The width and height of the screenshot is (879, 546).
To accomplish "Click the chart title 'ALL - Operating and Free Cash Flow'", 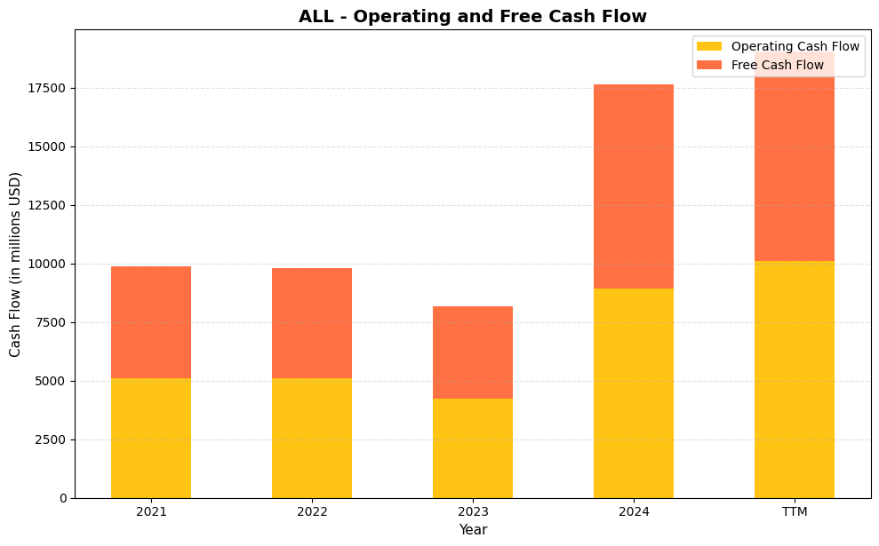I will (472, 17).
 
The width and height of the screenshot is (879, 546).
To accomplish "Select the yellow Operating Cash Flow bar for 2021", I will (151, 438).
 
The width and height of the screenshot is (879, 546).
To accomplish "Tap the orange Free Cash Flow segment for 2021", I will (151, 322).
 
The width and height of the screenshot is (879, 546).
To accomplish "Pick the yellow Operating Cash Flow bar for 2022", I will (312, 438).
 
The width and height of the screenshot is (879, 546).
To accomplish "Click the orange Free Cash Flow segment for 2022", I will (312, 323).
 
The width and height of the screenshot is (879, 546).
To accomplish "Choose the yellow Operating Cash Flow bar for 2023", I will (473, 448).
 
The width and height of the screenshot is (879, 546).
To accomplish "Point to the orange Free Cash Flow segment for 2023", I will (473, 352).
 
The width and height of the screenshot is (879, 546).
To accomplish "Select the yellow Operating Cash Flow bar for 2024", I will (634, 393).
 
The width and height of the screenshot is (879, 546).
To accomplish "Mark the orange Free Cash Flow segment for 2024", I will (634, 186).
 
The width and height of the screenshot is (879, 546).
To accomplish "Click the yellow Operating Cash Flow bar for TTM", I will (795, 379).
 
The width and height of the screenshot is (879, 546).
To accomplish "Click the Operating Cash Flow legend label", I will (795, 46).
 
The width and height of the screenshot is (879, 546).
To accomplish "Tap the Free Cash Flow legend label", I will (777, 65).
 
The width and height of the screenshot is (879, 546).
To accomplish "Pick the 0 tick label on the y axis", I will (63, 499).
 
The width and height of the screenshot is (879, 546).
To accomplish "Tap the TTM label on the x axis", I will (795, 512).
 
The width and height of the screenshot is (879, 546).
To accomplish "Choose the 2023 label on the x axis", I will (473, 512).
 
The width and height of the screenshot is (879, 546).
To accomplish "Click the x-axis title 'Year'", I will (473, 530).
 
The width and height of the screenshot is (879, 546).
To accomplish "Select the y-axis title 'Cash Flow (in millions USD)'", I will (15, 265).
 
